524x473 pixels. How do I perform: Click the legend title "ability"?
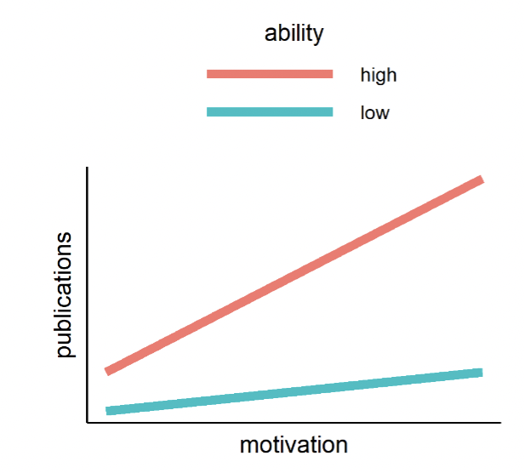click(293, 34)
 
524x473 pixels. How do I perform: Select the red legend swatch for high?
click(270, 75)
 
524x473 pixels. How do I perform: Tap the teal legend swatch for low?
click(270, 112)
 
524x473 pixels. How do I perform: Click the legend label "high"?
click(379, 75)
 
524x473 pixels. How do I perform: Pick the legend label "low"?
click(374, 112)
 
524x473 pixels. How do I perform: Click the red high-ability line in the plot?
click(294, 276)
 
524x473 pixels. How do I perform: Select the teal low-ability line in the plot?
click(294, 391)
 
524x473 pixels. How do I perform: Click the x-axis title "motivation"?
click(293, 445)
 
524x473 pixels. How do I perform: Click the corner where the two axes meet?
click(87, 421)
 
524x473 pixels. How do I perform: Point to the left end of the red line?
click(107, 371)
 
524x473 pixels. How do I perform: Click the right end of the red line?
click(481, 180)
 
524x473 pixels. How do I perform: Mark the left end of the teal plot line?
click(107, 411)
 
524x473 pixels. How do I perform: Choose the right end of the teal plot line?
click(481, 373)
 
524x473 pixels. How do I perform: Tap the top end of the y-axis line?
click(87, 170)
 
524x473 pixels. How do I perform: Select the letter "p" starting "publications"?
click(66, 350)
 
